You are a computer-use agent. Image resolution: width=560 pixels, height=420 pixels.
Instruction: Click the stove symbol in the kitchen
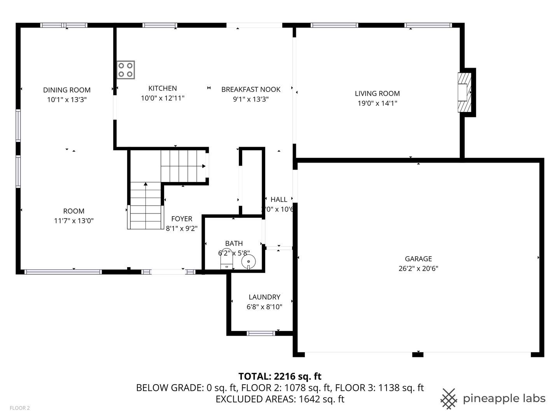pos(126,70)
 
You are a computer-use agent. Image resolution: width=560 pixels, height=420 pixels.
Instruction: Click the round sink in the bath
pos(248,261)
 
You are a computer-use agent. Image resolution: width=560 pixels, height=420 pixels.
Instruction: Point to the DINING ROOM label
pos(66,90)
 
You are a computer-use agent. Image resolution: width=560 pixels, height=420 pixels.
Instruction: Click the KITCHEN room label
pos(163,88)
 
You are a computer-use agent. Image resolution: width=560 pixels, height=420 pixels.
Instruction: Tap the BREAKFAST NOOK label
pos(251,89)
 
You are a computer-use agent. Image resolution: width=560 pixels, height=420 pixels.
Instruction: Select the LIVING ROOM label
pos(377,93)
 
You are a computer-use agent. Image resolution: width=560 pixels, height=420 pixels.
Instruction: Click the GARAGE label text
pos(418,259)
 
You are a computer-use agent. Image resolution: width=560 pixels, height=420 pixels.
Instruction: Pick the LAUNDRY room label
pos(264,297)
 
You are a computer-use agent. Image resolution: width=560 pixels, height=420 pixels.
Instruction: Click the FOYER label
pos(182,219)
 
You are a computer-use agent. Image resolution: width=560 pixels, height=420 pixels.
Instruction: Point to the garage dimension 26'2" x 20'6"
pos(418,268)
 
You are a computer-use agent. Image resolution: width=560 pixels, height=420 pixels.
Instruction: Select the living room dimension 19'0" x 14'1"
pos(377,103)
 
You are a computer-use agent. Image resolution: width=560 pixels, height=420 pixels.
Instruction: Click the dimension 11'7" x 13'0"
pos(73,221)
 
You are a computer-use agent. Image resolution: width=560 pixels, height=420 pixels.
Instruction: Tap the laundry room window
pos(261,333)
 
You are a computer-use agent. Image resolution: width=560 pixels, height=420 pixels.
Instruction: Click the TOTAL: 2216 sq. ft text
pos(280,376)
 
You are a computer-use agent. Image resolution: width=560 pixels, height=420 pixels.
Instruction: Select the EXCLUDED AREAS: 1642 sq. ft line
pos(280,399)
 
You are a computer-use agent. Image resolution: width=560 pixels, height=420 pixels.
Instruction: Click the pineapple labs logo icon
pos(449,399)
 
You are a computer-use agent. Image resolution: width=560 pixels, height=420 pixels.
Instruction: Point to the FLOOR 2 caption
pos(20,408)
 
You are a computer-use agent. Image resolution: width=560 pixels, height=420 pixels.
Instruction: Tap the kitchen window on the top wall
pos(160,26)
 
